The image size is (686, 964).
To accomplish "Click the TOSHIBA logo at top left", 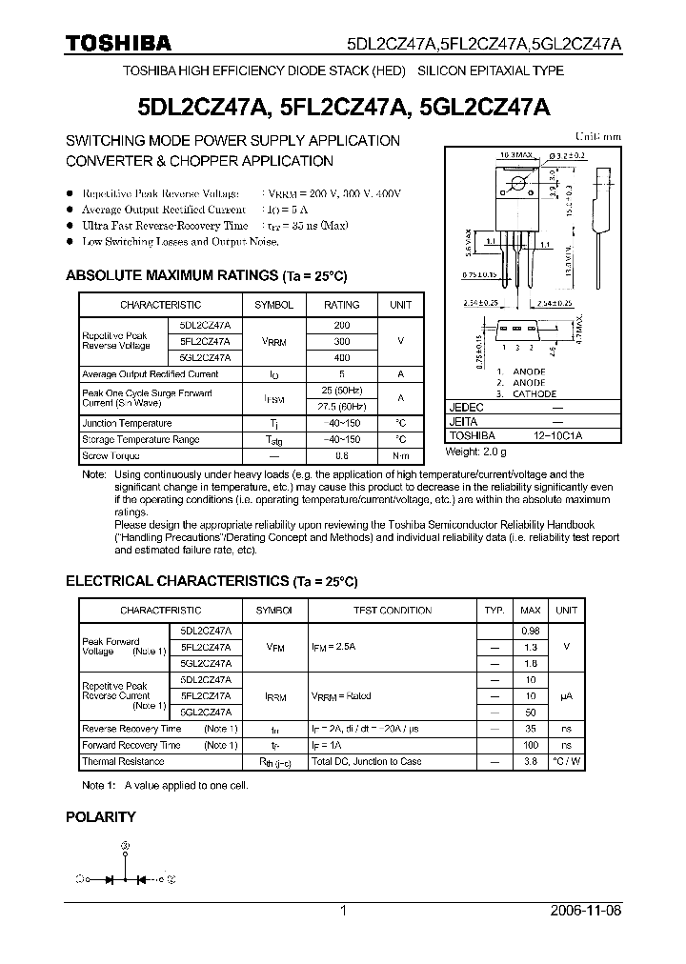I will [117, 43].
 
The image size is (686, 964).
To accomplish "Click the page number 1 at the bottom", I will [343, 911].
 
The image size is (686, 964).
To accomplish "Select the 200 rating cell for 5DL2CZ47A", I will [342, 325].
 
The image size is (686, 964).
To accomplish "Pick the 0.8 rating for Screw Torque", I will [342, 456].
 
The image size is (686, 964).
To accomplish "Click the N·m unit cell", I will [401, 456].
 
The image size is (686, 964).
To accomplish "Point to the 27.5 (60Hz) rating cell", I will [342, 406].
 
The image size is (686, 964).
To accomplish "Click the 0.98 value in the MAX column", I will [531, 631].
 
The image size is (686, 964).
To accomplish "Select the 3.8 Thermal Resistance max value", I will [531, 762].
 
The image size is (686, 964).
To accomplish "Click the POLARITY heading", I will [100, 816].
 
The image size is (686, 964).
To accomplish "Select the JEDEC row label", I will [464, 405].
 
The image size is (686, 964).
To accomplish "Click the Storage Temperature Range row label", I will [141, 440].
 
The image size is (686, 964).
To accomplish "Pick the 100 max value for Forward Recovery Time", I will [531, 745].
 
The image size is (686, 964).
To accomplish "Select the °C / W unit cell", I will [567, 762].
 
